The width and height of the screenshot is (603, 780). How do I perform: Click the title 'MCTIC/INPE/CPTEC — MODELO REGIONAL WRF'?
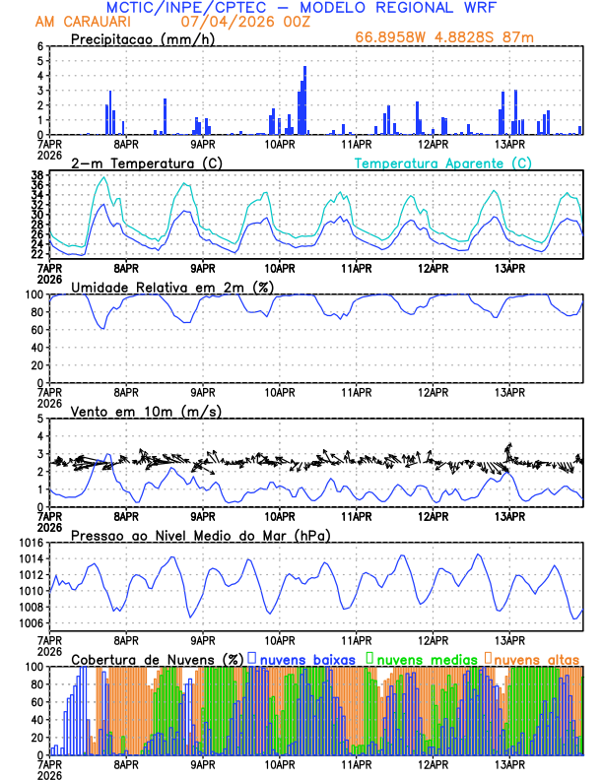[301, 8]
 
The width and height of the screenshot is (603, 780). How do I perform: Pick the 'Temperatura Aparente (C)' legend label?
[443, 162]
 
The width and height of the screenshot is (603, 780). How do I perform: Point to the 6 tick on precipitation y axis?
[40, 46]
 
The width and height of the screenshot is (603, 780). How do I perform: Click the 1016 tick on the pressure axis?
[32, 543]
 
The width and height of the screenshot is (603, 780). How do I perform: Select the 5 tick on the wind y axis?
[40, 419]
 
